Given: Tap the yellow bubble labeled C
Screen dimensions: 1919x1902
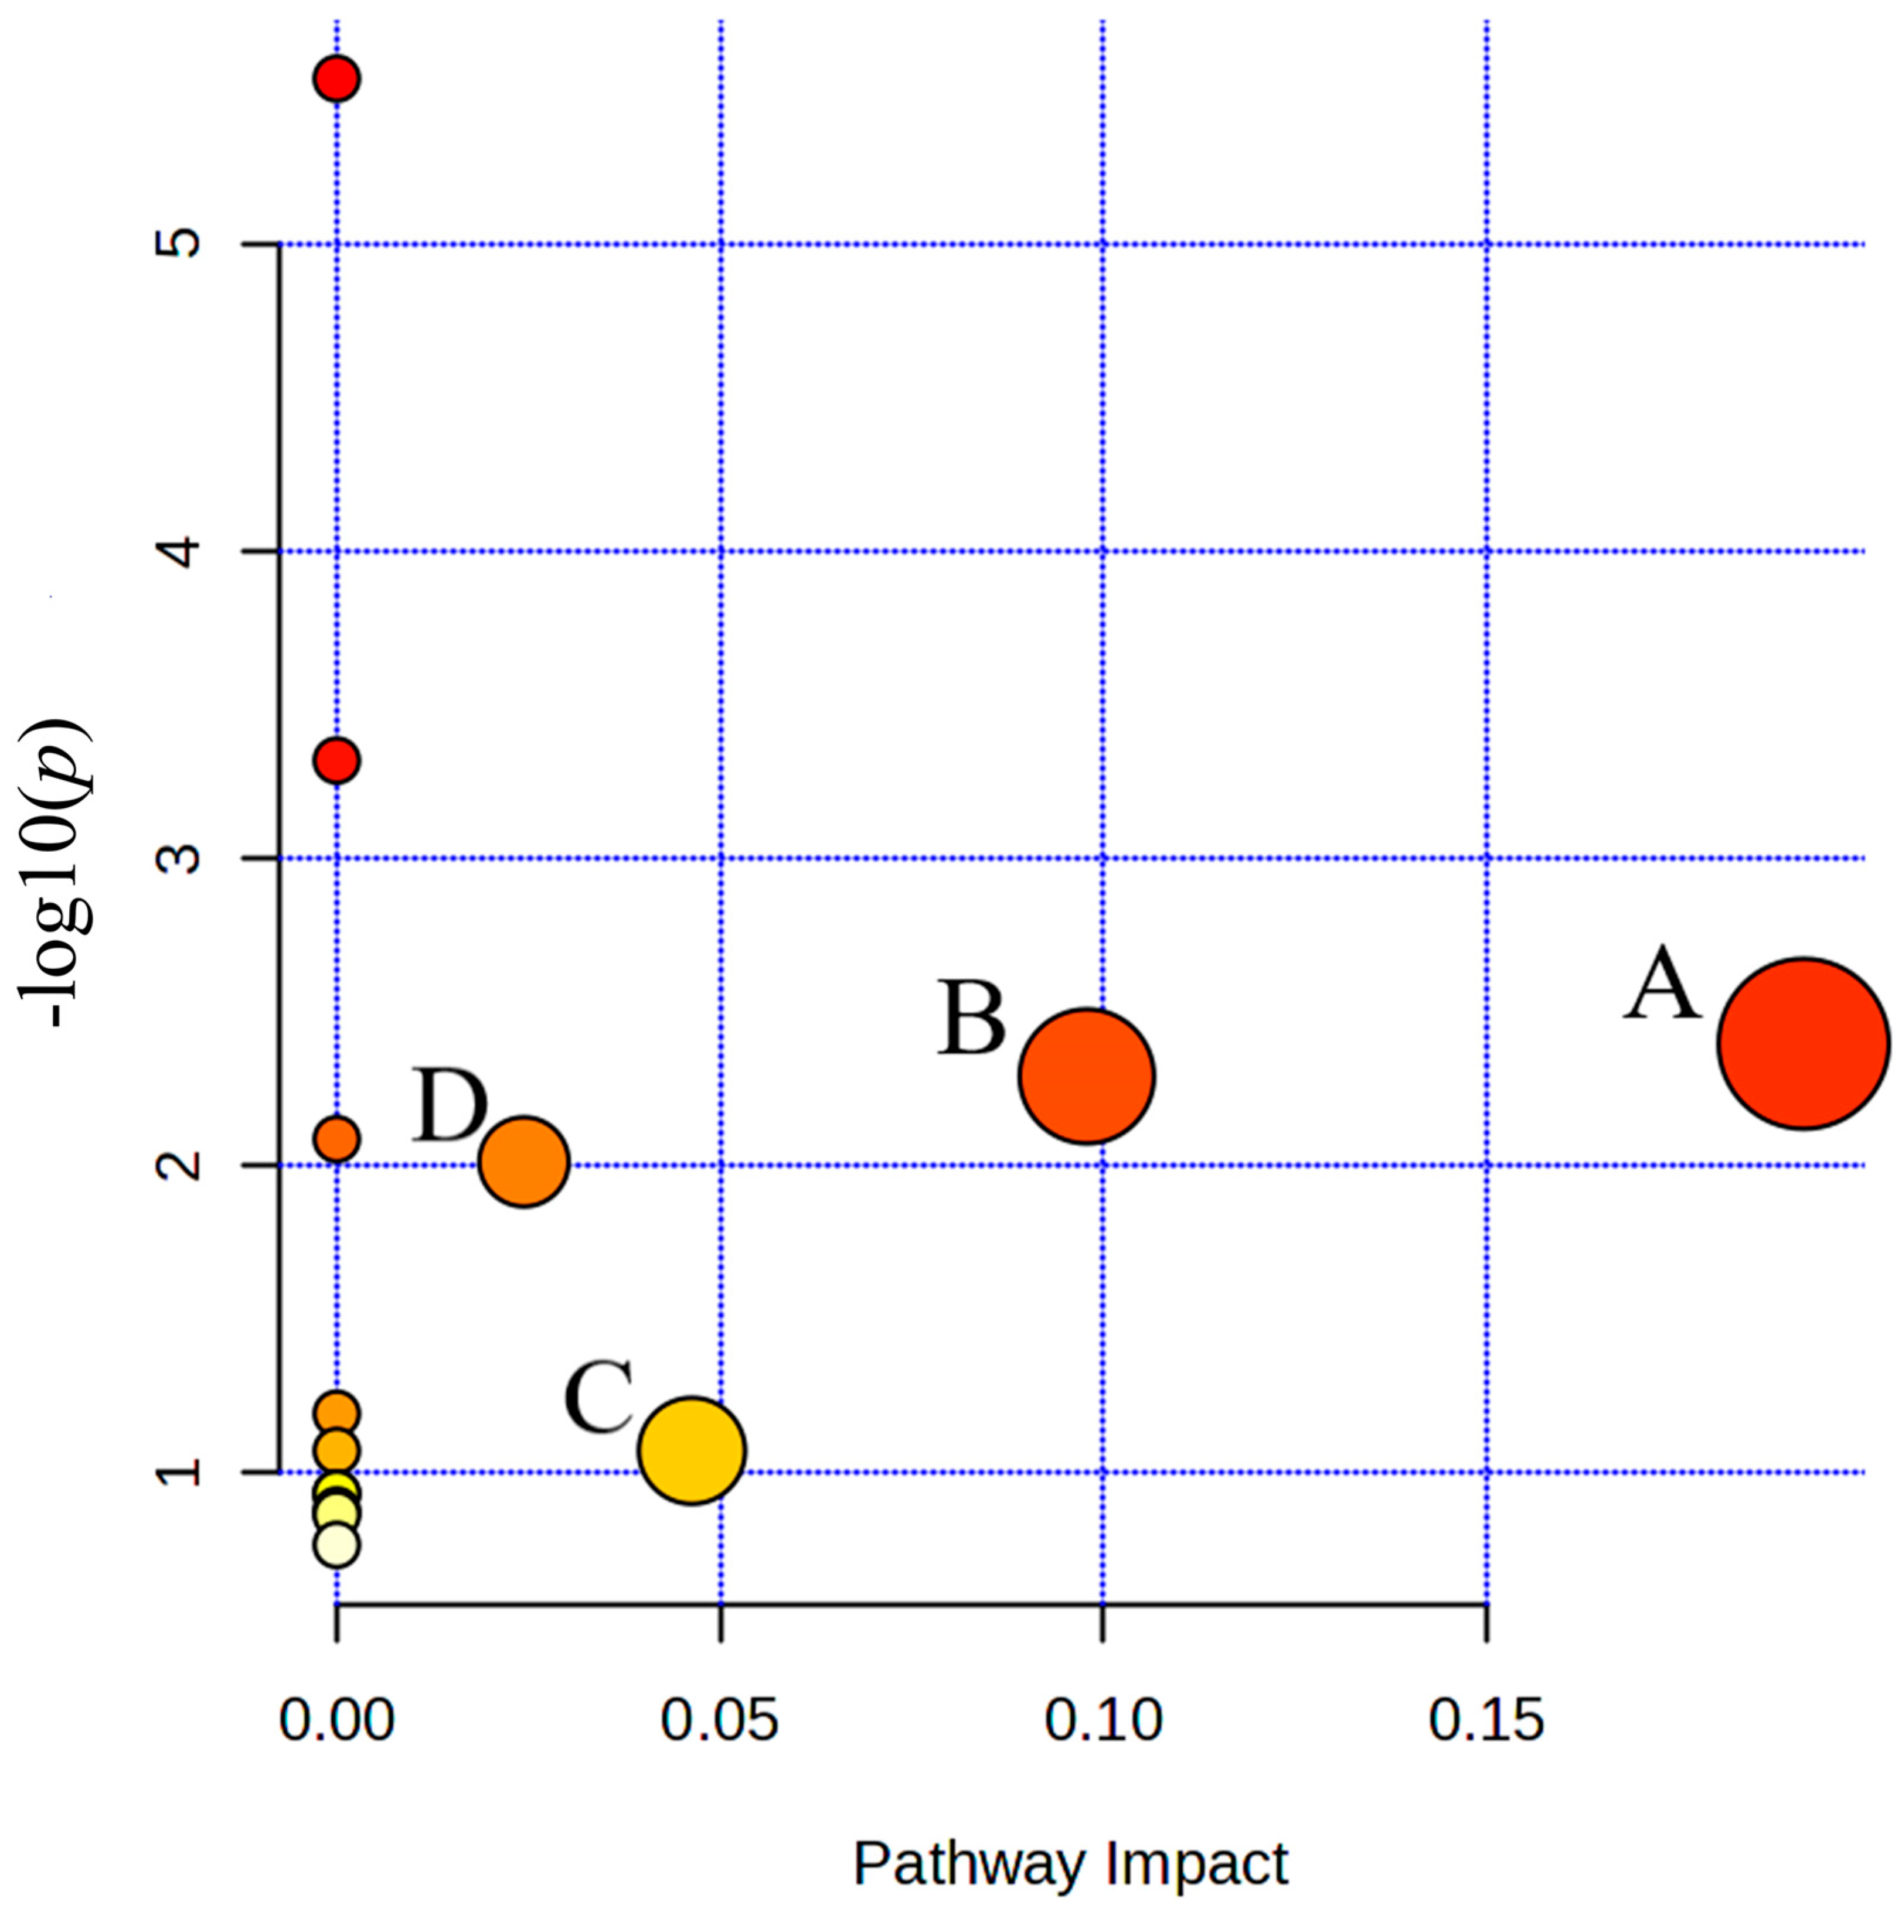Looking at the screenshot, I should coord(692,1450).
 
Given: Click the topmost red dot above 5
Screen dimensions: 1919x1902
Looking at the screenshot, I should coord(337,78).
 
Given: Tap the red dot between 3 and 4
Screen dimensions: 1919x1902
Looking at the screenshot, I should coord(337,761).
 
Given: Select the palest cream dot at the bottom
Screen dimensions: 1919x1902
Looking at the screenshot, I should coord(337,1545).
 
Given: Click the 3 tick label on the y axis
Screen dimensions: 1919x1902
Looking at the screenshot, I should coord(181,858).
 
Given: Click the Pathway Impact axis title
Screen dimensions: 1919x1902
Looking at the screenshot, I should coord(1070,1865).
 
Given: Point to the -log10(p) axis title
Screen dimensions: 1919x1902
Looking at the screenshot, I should coord(57,872).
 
